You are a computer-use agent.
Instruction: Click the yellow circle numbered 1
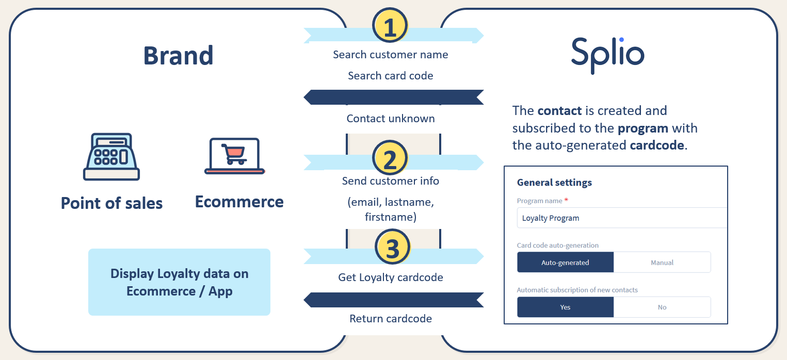point(390,26)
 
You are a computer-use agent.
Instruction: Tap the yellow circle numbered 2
point(390,158)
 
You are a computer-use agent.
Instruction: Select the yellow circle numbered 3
point(392,247)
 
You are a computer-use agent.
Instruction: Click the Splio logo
point(607,56)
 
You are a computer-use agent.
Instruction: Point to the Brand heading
point(178,56)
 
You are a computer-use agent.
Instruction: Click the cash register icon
point(111,157)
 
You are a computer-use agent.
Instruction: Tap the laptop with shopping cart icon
point(235,156)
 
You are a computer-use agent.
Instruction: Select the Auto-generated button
point(565,263)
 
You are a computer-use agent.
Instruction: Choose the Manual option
point(662,263)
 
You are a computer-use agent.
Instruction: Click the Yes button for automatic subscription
point(565,307)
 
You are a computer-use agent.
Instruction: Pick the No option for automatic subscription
point(662,307)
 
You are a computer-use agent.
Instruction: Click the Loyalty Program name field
point(622,218)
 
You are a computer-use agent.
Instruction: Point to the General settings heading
point(554,183)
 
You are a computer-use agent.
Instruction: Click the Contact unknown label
point(391,119)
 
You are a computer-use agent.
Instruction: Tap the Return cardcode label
point(391,319)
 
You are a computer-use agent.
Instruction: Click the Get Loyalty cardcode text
point(391,277)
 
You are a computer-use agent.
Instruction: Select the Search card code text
point(391,75)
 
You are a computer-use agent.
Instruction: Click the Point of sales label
point(111,203)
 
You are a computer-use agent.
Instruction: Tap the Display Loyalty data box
point(179,282)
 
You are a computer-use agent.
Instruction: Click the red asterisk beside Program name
point(566,200)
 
